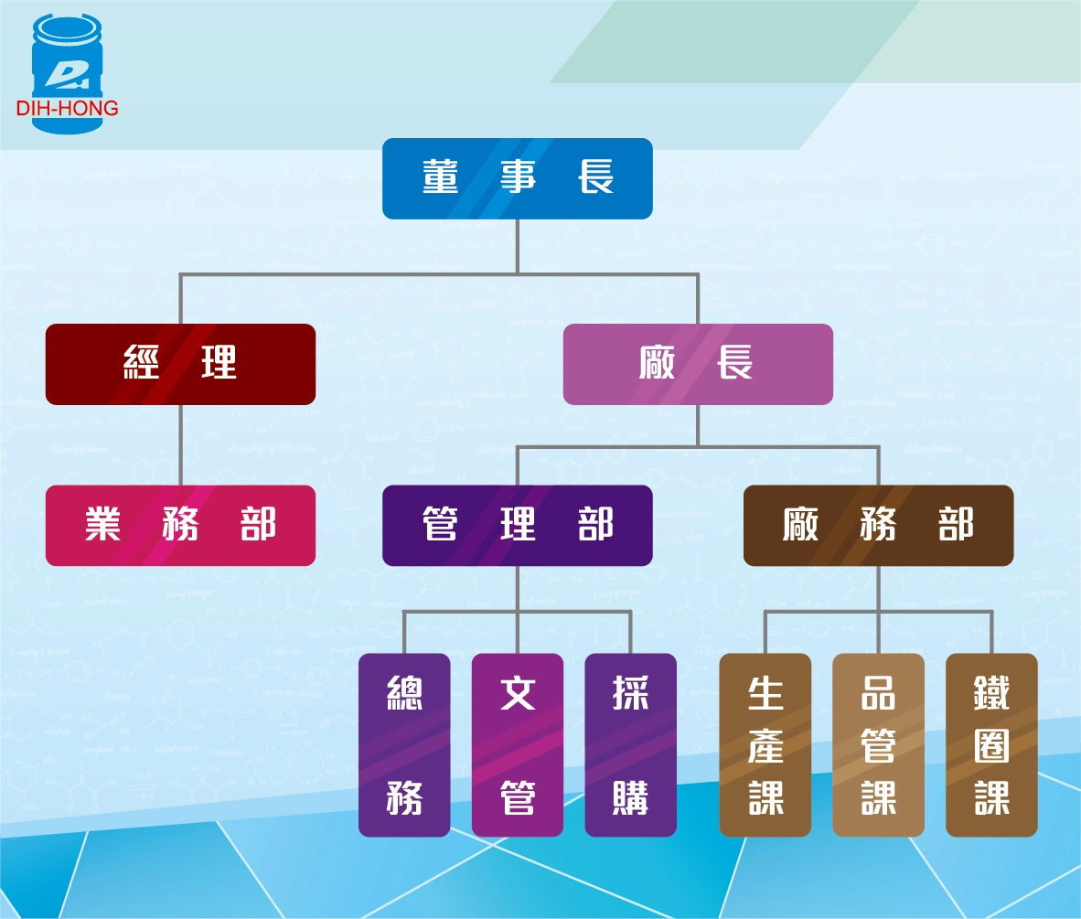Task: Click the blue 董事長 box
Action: tap(517, 178)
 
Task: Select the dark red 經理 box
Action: tap(180, 364)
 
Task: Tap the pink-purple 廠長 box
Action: tap(697, 364)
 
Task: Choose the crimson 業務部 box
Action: tap(180, 525)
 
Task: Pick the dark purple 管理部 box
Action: tap(517, 525)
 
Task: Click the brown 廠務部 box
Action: tap(878, 525)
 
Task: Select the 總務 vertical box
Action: tap(404, 744)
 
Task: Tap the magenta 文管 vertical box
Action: tap(517, 744)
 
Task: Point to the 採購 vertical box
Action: tap(630, 744)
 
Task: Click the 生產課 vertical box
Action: tap(765, 744)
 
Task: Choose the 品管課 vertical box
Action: tap(878, 744)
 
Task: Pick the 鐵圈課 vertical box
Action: tap(991, 744)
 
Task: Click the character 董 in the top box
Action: tap(440, 177)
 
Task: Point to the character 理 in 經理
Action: tap(219, 364)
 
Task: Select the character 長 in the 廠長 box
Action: tap(735, 364)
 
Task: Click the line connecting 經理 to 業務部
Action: tap(180, 444)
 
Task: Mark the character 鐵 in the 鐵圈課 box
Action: tap(991, 694)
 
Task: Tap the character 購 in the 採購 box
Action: tap(630, 799)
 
